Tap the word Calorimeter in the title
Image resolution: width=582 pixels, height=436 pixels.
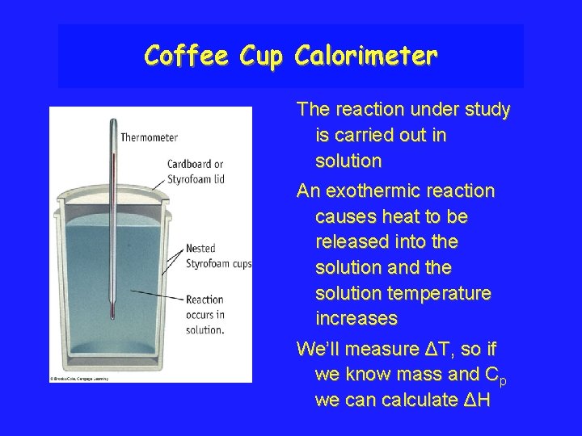[x=366, y=56]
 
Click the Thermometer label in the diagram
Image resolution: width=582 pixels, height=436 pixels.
[x=149, y=138]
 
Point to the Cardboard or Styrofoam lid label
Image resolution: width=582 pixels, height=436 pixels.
[x=196, y=171]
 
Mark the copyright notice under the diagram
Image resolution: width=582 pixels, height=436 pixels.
[x=79, y=377]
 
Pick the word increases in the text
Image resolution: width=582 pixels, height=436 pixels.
[x=356, y=319]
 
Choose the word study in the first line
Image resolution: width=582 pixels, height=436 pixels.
[x=487, y=109]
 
